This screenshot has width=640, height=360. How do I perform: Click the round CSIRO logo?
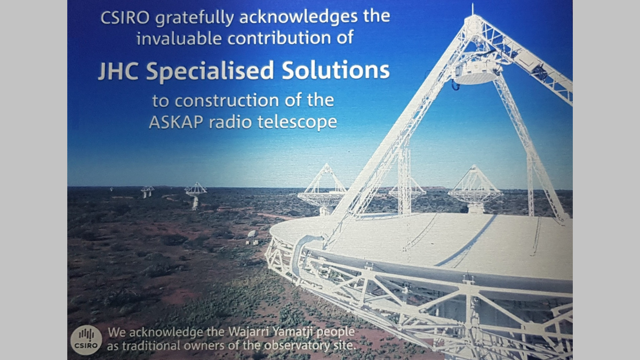point(86,339)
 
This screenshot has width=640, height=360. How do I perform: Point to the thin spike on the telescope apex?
point(472,9)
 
